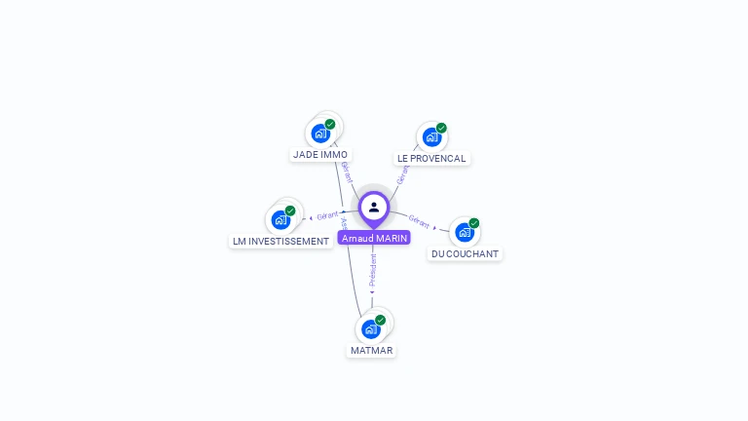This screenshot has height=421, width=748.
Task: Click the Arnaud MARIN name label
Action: coord(374,238)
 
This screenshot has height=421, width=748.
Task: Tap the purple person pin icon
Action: coord(374,208)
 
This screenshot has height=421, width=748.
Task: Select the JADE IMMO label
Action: coord(320,154)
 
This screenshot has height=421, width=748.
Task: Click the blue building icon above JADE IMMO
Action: coord(319,134)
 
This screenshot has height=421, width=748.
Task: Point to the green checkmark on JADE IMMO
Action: coord(330,124)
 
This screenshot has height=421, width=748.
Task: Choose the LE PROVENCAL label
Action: coord(431,158)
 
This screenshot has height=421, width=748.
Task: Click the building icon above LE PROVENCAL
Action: coord(431,137)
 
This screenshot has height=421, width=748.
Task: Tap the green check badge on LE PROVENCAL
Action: coord(441,128)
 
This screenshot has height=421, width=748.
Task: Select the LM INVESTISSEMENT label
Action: coord(280,241)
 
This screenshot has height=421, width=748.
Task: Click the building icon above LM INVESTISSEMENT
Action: coord(280,220)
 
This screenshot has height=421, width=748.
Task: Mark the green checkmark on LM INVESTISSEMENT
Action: coord(290,210)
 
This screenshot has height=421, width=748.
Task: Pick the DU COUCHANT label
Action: coord(465,253)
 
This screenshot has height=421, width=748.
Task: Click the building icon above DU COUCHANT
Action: coord(465,233)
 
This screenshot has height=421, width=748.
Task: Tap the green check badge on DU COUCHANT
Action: coord(474,223)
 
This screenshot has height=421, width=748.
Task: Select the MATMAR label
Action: coord(370,350)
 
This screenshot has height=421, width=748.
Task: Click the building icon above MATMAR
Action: coord(370,329)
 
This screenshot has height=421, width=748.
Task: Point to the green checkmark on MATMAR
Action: coord(380,320)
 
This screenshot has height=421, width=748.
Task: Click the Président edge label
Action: coord(372,270)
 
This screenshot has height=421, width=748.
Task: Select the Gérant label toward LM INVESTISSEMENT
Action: coord(327,215)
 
